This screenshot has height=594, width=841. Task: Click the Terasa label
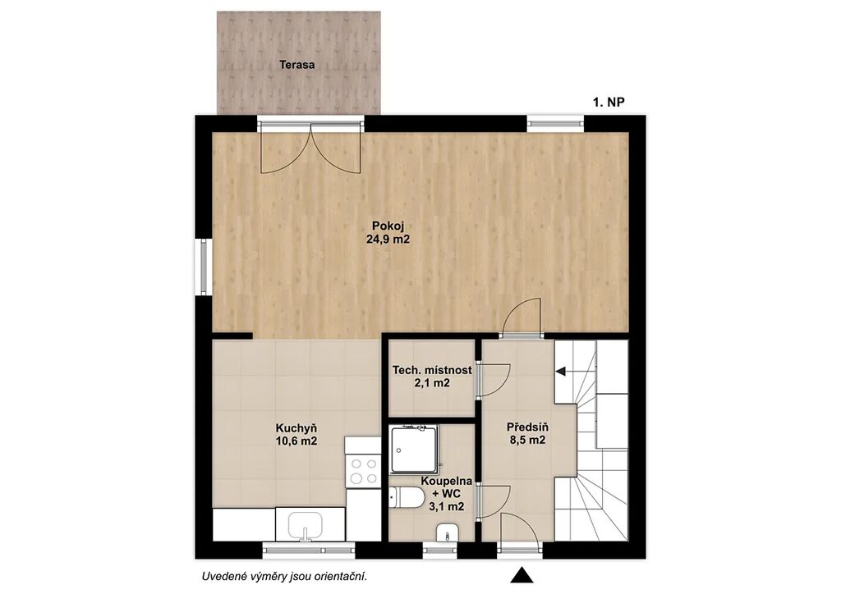click(x=296, y=66)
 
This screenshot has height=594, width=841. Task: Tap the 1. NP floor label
click(x=609, y=103)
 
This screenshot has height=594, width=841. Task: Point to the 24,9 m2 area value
click(x=388, y=240)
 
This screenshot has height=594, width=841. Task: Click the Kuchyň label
click(x=296, y=428)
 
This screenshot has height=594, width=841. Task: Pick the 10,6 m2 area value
click(x=296, y=442)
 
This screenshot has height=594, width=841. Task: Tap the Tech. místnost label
click(x=432, y=370)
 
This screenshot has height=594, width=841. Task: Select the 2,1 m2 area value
click(x=432, y=383)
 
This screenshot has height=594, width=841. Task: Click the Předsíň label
click(x=527, y=427)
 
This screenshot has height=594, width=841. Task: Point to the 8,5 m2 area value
click(x=527, y=441)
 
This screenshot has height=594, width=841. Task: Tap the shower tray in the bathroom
click(x=414, y=449)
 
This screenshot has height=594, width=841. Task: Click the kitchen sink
click(x=306, y=526)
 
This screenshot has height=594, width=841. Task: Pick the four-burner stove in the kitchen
click(x=362, y=471)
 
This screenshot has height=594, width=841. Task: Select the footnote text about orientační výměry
click(x=284, y=577)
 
